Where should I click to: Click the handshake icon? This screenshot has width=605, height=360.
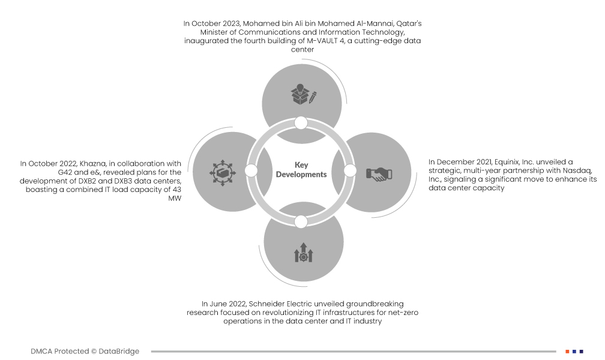[379, 174]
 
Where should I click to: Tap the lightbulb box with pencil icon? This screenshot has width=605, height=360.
[304, 94]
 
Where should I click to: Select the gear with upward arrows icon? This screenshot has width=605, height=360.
[304, 253]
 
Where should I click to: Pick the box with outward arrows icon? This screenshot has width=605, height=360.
[223, 172]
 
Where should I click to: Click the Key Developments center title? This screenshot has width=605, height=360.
[301, 170]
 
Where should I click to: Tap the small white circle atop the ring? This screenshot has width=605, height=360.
[301, 123]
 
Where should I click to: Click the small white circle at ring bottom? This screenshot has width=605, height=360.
[301, 222]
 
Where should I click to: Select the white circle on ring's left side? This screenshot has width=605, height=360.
[251, 170]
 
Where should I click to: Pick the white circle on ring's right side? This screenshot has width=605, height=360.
[350, 170]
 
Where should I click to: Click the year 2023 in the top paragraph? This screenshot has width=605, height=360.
[232, 23]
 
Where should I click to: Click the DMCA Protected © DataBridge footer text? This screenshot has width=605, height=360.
[85, 352]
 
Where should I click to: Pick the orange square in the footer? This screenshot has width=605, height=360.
[567, 352]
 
